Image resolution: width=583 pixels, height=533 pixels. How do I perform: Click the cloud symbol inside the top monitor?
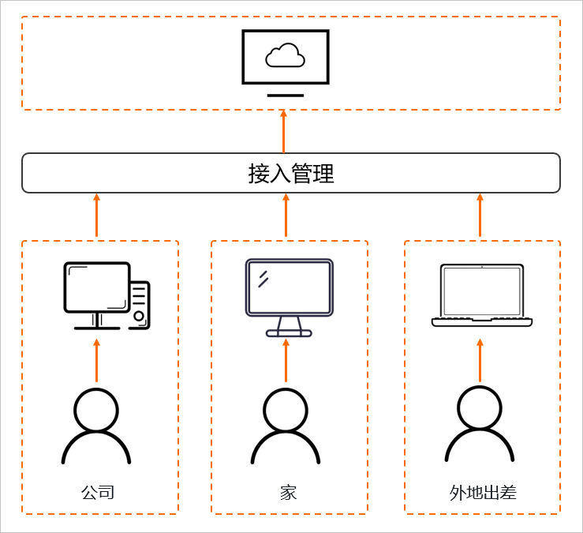click(285, 55)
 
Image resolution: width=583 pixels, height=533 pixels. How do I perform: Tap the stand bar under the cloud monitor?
click(285, 96)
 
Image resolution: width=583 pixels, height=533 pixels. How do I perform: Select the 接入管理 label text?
click(291, 173)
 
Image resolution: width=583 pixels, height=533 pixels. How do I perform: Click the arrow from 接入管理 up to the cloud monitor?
click(284, 131)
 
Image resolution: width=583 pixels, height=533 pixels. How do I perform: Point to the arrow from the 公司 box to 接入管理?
click(97, 216)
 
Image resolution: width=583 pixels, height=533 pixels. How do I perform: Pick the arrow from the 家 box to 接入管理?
click(286, 216)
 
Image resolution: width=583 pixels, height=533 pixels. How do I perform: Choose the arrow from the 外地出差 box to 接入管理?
click(480, 216)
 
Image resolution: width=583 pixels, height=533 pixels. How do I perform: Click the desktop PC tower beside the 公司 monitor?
click(140, 305)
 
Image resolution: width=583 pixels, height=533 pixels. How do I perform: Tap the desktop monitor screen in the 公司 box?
click(97, 287)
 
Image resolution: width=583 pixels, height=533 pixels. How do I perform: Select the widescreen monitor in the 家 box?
click(289, 288)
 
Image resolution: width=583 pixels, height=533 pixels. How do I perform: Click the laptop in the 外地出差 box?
click(482, 295)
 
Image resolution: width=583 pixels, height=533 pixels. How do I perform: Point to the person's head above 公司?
click(96, 409)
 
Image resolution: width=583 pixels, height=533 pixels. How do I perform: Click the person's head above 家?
click(286, 409)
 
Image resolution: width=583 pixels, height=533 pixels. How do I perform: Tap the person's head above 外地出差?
click(479, 407)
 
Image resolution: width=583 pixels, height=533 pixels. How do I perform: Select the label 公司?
click(98, 492)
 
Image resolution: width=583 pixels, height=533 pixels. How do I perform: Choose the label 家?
click(288, 492)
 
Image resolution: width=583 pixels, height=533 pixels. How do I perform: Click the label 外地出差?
click(483, 493)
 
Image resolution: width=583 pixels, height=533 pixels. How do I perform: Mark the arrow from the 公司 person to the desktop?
click(97, 360)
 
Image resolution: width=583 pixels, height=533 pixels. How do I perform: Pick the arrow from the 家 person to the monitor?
click(286, 360)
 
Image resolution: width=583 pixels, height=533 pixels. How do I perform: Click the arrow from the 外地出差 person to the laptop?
click(480, 360)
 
